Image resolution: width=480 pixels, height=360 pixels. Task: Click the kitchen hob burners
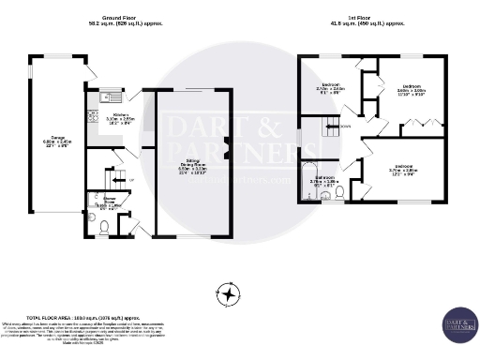click(92, 117)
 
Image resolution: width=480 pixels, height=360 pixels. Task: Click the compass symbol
click(226, 293)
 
